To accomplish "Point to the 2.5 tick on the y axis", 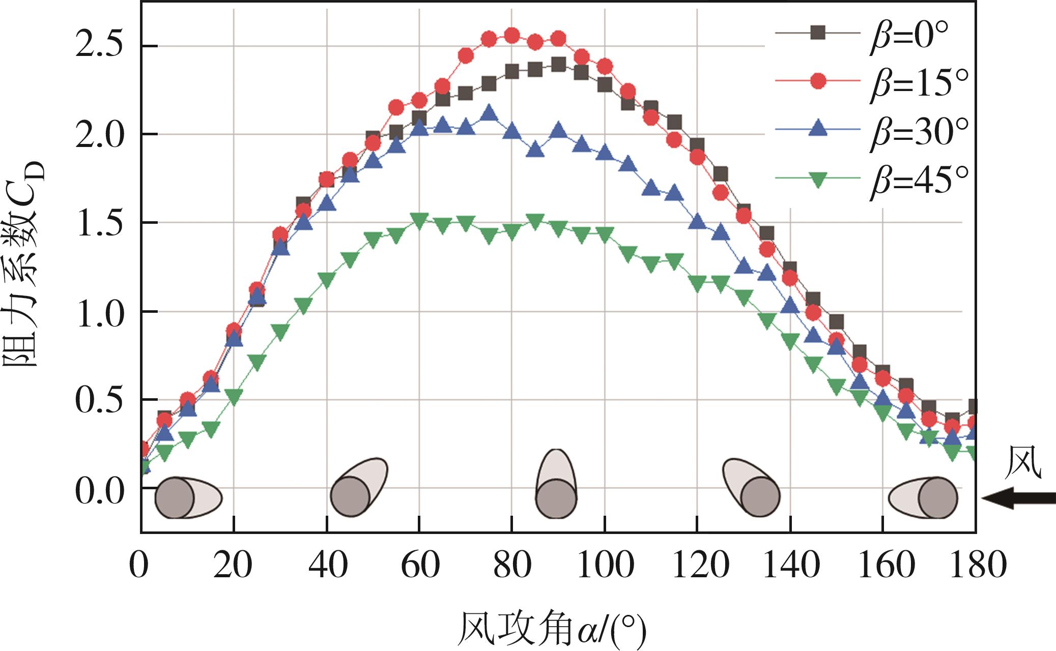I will pyautogui.click(x=99, y=46).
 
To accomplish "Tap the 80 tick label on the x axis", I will pyautogui.click(x=511, y=566).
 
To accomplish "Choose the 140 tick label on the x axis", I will pyautogui.click(x=790, y=566).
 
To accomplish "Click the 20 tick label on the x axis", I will pyautogui.click(x=233, y=566).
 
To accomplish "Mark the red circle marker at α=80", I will pyautogui.click(x=511, y=36).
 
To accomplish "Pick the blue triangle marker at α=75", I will pyautogui.click(x=489, y=113).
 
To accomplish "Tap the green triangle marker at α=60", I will pyautogui.click(x=419, y=220).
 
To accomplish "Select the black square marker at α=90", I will pyautogui.click(x=558, y=65).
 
